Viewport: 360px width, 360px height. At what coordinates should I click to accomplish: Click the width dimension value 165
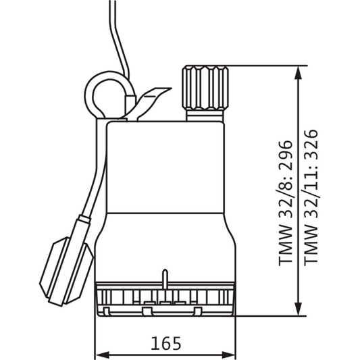pos(165,343)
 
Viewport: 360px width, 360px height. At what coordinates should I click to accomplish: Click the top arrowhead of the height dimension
pos(298,73)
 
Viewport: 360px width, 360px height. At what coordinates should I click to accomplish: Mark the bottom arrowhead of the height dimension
pos(298,309)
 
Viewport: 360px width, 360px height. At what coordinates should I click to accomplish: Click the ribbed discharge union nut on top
pos(205,88)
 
